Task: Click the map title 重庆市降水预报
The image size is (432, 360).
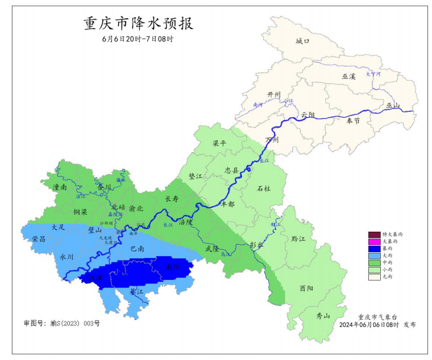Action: (x=139, y=24)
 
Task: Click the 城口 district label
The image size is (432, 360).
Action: (x=303, y=41)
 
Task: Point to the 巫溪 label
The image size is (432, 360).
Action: (x=348, y=76)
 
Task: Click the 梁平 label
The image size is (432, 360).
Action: (x=219, y=144)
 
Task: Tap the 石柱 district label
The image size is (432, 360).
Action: (x=264, y=188)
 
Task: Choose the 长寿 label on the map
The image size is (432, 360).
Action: (x=172, y=199)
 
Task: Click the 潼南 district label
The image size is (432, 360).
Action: (x=60, y=187)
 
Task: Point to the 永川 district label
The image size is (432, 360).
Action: (x=67, y=257)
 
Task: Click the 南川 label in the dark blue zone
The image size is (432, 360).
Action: (x=172, y=266)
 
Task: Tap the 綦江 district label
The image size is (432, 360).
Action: (x=136, y=291)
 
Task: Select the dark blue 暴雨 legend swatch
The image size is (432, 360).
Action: (x=373, y=249)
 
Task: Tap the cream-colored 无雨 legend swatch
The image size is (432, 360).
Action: (x=373, y=277)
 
